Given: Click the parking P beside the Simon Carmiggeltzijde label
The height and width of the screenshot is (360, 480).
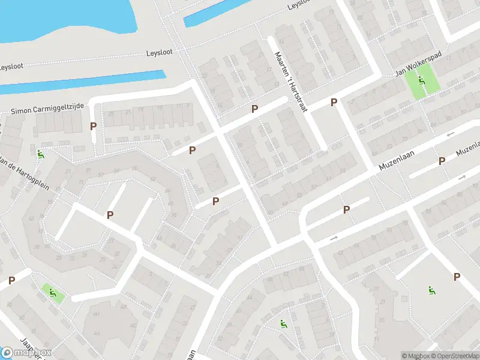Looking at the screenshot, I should point(93,126).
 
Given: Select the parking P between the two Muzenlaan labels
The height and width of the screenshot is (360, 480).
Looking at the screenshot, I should point(442,160).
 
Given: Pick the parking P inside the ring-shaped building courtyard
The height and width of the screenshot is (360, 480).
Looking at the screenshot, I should point(110,215).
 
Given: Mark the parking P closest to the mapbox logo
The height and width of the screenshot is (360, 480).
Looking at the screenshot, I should point(11,280).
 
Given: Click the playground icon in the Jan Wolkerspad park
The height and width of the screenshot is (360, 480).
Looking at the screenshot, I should point(422,81).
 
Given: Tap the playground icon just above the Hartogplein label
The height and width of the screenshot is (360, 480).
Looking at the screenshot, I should point(40,154).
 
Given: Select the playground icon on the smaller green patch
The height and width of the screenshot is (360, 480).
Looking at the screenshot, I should point(53,293).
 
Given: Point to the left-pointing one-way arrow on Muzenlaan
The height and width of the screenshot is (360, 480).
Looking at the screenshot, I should point(451,134).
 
